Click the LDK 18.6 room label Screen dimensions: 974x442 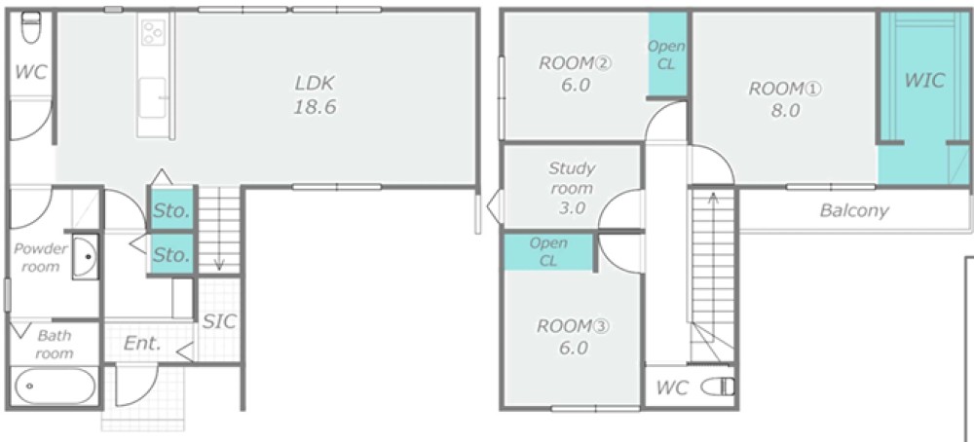click(315, 95)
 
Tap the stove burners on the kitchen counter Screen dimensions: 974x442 click(153, 32)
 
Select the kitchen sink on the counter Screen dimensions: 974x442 click(152, 97)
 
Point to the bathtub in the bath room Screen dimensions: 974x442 click(55, 387)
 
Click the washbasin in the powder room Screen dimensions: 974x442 click(85, 256)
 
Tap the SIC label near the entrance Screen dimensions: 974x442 click(220, 321)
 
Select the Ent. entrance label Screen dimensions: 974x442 click(142, 344)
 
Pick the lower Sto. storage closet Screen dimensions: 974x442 click(171, 253)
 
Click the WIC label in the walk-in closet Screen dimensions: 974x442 click(924, 80)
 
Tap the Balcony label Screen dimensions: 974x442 click(854, 210)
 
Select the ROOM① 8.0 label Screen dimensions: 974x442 click(784, 99)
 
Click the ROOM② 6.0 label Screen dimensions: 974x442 click(576, 74)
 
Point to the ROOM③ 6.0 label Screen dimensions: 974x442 click(574, 337)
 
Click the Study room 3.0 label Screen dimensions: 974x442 click(572, 188)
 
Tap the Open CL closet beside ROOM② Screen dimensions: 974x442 click(667, 55)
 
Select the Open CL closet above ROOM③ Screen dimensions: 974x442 click(548, 252)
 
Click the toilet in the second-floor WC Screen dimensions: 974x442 click(718, 387)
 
